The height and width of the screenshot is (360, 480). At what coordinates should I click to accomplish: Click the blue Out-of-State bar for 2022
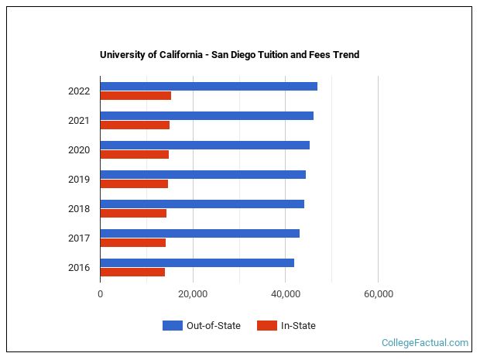coord(208,86)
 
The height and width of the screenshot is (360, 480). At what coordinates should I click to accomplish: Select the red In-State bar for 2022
coord(135,96)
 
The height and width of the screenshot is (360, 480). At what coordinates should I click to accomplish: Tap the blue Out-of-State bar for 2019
coord(203,174)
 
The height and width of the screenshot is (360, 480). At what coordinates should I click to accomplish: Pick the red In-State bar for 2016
coord(132,273)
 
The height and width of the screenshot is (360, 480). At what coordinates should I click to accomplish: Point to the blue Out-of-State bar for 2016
coord(197,262)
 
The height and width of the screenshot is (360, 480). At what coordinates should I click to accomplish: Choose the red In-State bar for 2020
coord(134,155)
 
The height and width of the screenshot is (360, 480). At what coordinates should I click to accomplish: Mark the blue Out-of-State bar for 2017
coord(200,233)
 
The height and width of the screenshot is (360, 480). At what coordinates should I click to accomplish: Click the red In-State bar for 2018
coord(133,214)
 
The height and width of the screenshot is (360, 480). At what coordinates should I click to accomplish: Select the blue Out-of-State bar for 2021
coord(207,115)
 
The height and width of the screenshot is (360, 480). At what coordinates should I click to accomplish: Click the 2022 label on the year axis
coord(79,91)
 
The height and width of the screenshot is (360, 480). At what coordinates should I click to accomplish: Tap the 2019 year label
coord(79,180)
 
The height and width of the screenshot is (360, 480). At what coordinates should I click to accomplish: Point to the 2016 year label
coord(79,268)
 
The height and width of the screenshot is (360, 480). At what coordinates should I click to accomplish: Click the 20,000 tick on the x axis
coord(193,294)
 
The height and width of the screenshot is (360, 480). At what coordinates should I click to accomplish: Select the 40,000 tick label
coord(286,294)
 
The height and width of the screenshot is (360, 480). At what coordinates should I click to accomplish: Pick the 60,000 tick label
coord(378,294)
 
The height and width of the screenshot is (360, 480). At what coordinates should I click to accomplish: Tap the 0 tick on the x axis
coord(101,294)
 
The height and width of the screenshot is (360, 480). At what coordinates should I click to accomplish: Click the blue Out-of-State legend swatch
coord(172,326)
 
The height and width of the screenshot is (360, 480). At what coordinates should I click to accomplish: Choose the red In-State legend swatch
coord(266,326)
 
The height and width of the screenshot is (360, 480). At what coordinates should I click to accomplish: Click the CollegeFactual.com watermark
coord(425,342)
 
